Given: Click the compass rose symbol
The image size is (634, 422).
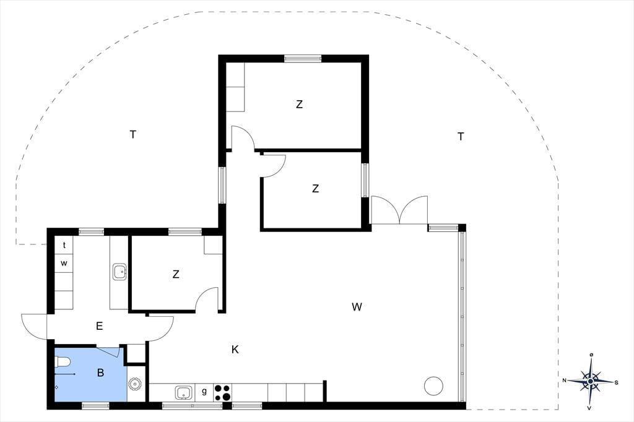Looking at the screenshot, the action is (590, 381).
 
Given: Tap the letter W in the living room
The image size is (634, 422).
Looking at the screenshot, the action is (357, 307).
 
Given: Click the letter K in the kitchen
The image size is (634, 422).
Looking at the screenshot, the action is (235, 350).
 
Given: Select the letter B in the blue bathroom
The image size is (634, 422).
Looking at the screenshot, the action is (101, 372).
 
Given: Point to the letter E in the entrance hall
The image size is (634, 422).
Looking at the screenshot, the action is (100, 326).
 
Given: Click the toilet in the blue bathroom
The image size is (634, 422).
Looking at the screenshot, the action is (63, 362).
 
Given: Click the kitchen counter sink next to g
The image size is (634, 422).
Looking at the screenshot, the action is (184, 392).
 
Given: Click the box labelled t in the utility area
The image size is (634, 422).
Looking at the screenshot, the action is (64, 245).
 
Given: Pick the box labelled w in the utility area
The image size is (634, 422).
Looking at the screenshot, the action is (64, 264).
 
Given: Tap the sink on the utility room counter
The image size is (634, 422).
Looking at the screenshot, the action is (119, 272).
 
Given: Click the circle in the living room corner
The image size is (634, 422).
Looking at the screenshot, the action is (434, 385).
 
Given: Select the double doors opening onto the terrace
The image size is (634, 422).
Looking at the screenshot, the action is (399, 210).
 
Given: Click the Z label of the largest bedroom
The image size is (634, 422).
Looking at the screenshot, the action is (299, 105).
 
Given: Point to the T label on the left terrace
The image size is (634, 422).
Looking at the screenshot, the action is (133, 134).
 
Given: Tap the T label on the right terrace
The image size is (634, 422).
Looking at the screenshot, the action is (461, 137).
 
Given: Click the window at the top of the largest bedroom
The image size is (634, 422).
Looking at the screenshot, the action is (303, 59).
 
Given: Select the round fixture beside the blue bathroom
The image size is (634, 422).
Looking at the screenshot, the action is (134, 384).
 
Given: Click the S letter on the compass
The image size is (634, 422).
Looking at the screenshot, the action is (616, 382).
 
